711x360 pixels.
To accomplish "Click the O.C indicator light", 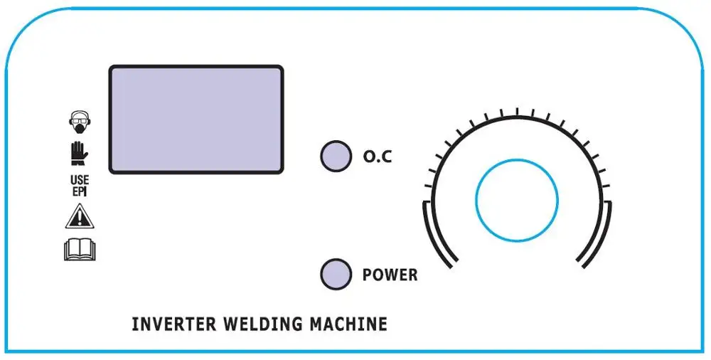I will (x=336, y=156).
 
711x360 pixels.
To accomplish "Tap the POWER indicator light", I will (x=336, y=274).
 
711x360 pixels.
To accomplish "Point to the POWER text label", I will (x=390, y=275).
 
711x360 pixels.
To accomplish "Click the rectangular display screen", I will (x=196, y=119).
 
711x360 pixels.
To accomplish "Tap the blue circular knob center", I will (x=516, y=200).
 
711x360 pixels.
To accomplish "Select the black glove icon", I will (x=79, y=154).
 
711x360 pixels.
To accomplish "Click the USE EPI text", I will (x=80, y=184).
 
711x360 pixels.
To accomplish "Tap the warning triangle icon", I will (x=79, y=215).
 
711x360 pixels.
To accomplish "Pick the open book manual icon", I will (x=80, y=250).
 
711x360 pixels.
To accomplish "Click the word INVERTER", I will (x=173, y=325).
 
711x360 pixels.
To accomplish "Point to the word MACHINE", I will (x=348, y=325).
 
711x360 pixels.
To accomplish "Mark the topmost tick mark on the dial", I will (x=517, y=110).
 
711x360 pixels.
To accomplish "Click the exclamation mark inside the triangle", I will (x=79, y=217).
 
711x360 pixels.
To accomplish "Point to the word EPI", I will (x=80, y=190).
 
